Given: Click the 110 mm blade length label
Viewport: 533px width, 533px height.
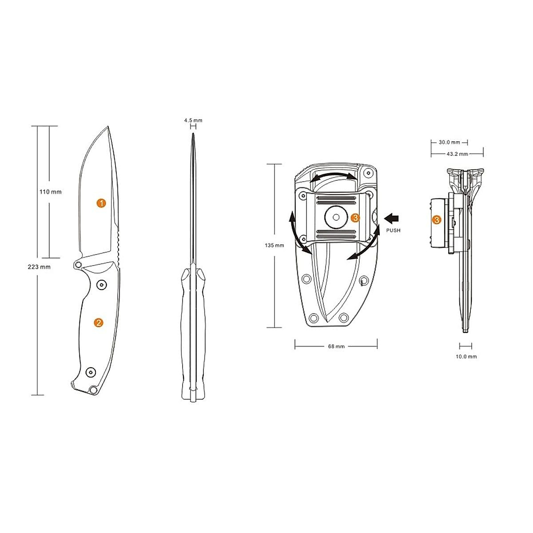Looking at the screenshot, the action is tap(50, 192).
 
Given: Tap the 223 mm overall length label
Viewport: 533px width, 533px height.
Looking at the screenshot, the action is tap(39, 267).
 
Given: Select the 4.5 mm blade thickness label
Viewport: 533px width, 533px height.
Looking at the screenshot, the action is tap(193, 120).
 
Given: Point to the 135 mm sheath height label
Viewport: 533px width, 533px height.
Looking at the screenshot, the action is tap(274, 245).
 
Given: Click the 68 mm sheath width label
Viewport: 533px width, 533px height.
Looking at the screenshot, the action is tap(336, 346).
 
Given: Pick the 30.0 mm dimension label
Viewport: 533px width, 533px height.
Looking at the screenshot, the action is tap(449, 143).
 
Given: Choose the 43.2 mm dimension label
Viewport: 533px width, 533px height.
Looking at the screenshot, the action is tap(457, 154).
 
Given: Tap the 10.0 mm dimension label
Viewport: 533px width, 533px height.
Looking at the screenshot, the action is tap(466, 357).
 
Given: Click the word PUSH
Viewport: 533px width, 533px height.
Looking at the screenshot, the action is tap(394, 230).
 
